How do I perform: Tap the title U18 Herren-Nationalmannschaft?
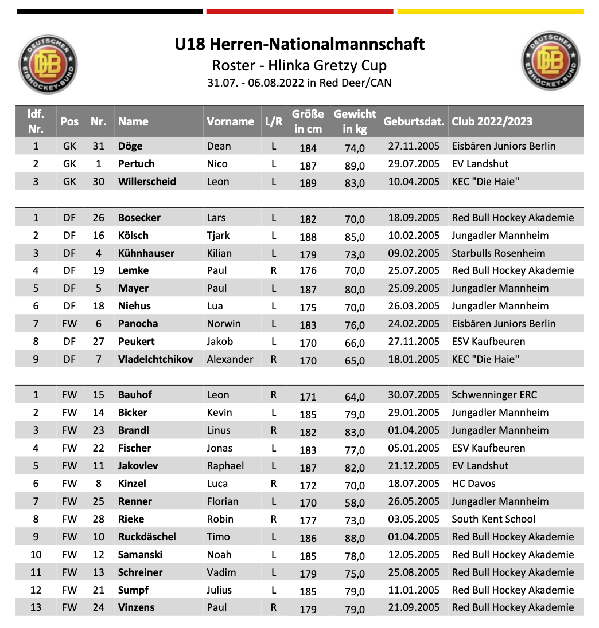[299, 44]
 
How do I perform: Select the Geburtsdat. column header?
[414, 121]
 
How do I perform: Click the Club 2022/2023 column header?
[492, 121]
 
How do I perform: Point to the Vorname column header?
[230, 121]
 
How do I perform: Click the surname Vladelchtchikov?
[155, 359]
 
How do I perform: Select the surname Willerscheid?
[147, 182]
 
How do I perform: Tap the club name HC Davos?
[474, 484]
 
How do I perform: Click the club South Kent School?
[493, 519]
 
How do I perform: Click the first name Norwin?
[224, 324]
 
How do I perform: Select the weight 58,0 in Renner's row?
[354, 503]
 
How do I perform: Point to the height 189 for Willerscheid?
[308, 183]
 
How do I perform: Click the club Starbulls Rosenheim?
[499, 253]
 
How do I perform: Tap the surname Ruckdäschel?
[147, 537]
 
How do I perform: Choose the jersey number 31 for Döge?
[98, 146]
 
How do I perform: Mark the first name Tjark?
[218, 235]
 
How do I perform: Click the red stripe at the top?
[299, 11]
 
